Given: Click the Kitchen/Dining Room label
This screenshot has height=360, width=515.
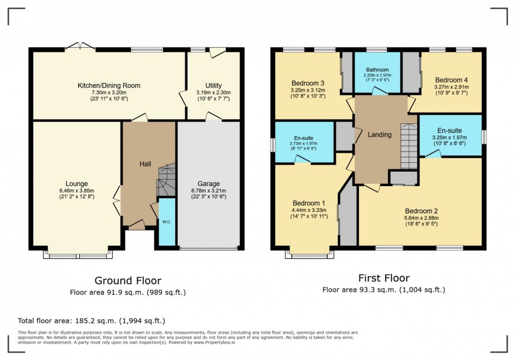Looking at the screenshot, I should click(109, 86).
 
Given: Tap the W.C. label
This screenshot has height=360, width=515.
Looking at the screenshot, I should click(166, 222).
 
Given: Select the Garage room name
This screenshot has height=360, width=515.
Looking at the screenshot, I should click(208, 183).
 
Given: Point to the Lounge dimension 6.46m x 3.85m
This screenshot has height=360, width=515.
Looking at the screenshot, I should click(77, 191).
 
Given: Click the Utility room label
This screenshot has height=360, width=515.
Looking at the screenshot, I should click(213, 86).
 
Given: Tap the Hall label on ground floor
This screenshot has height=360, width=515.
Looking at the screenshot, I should click(145, 164).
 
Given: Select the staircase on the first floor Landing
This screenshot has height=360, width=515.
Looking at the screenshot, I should click(408, 146).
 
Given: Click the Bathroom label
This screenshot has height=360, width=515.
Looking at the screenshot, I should click(377, 70).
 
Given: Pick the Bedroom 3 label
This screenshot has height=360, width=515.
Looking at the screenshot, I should click(307, 83).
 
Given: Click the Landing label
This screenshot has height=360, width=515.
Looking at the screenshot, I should click(379, 135).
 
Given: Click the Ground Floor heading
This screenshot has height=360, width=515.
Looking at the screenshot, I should click(128, 281).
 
